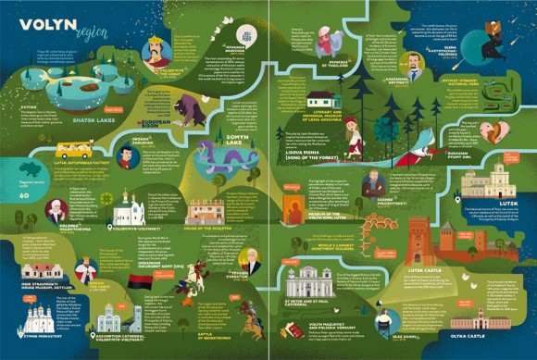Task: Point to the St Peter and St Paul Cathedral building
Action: pyautogui.click(x=310, y=280)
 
